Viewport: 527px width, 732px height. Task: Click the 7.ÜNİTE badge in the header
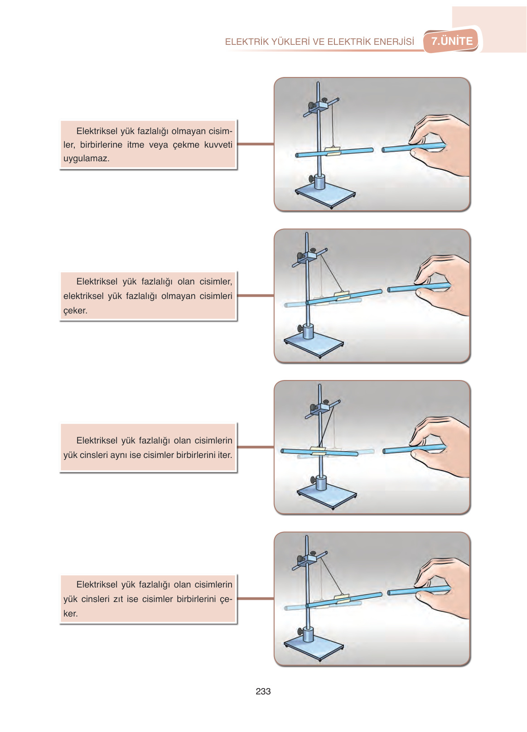click(x=451, y=41)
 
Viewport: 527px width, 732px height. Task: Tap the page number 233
click(x=263, y=691)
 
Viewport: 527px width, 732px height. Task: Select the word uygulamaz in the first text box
click(x=86, y=159)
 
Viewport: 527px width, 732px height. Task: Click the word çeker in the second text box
click(x=75, y=311)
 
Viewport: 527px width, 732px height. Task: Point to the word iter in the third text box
click(x=225, y=455)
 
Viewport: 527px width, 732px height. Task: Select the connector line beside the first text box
click(x=255, y=144)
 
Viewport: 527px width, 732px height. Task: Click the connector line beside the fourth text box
click(x=255, y=598)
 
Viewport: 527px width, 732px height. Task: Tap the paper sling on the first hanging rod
click(x=333, y=151)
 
